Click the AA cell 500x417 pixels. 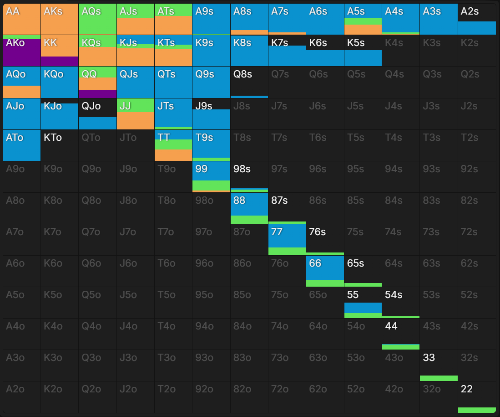click(x=22, y=19)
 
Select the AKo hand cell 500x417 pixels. click(x=22, y=51)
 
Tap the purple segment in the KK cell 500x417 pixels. click(x=60, y=62)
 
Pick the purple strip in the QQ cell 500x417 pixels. click(x=97, y=94)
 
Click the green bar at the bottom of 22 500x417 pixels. click(x=477, y=410)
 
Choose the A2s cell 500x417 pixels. click(x=477, y=19)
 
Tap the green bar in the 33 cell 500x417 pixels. click(x=439, y=378)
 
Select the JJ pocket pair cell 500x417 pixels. click(x=136, y=114)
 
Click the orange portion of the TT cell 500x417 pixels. click(x=173, y=155)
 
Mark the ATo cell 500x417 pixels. click(x=22, y=145)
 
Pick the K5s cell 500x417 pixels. click(x=363, y=51)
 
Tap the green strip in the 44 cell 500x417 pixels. click(x=401, y=347)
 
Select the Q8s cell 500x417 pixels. click(x=249, y=82)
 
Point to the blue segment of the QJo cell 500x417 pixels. click(x=97, y=123)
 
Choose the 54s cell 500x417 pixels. click(x=401, y=303)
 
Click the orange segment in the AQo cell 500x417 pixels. click(x=22, y=92)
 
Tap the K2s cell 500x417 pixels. click(x=477, y=51)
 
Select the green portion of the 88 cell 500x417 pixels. click(x=249, y=220)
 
